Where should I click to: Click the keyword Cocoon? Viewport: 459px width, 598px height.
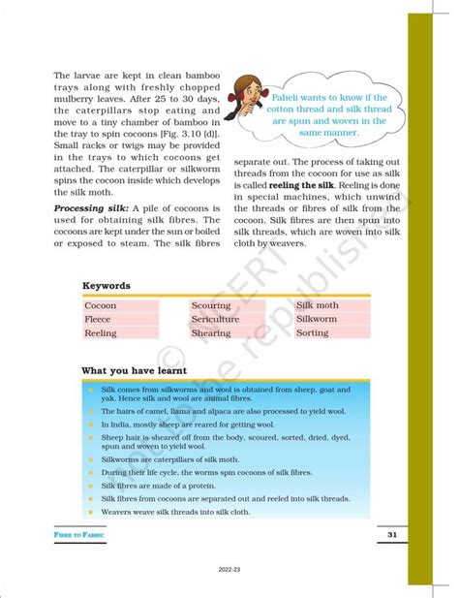pos(101,306)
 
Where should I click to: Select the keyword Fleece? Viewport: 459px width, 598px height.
pos(98,320)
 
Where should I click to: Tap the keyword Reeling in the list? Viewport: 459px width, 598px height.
pos(101,333)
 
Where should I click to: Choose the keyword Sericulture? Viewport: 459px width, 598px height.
pos(215,320)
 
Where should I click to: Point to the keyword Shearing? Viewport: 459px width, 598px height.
pos(210,333)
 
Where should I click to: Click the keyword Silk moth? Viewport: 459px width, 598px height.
pos(318,305)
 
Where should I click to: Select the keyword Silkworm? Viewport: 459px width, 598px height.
pos(317,319)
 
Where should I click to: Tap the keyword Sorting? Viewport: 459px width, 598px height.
pos(312,332)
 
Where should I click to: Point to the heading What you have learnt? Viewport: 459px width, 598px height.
pos(134,370)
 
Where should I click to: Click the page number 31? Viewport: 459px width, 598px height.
pos(392,535)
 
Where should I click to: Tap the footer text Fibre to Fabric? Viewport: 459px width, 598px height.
pos(80,536)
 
